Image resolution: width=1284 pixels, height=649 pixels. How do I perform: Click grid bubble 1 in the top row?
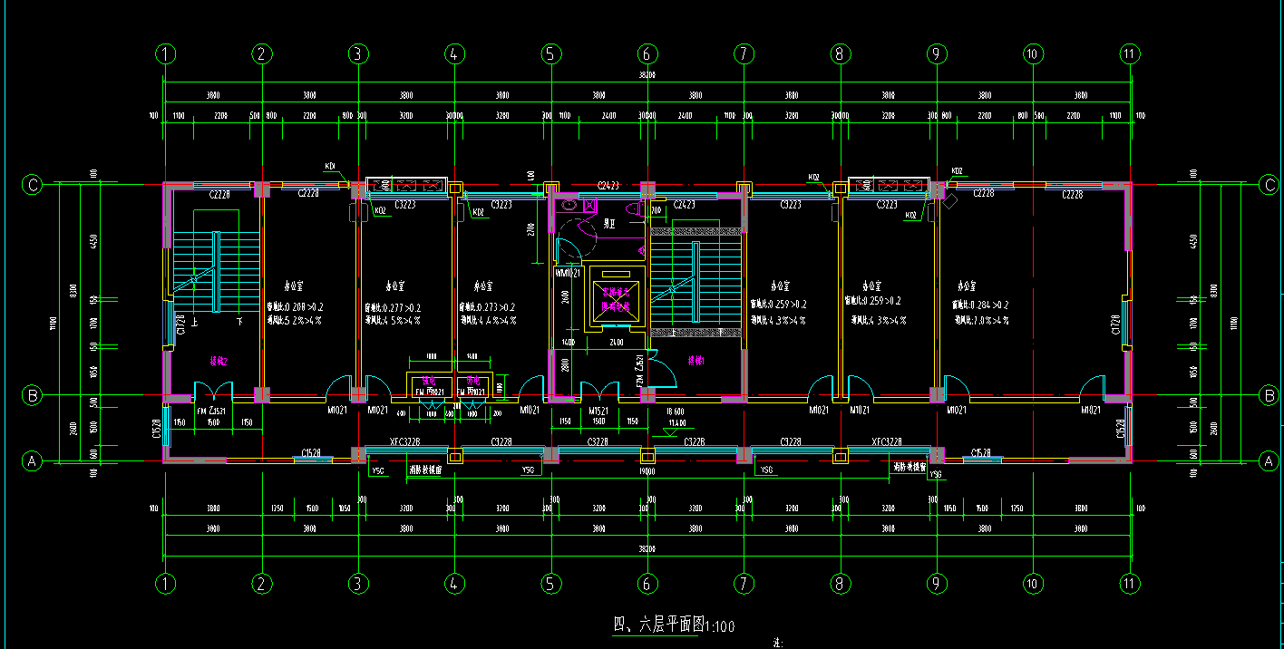pyautogui.click(x=164, y=54)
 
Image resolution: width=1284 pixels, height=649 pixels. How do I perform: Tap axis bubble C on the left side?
pyautogui.click(x=33, y=186)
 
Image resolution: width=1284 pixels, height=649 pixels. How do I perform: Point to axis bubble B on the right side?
pyautogui.click(x=1269, y=395)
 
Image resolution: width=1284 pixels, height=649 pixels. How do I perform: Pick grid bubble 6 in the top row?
pyautogui.click(x=647, y=54)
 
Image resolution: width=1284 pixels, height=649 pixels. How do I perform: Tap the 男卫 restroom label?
pyautogui.click(x=611, y=222)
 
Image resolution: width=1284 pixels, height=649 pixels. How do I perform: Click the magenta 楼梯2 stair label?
pyautogui.click(x=219, y=361)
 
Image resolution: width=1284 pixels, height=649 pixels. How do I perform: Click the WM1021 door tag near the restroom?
pyautogui.click(x=568, y=273)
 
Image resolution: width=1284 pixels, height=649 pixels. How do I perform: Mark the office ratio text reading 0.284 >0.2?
pyautogui.click(x=980, y=305)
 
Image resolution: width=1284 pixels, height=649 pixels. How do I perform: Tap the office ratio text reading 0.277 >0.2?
pyautogui.click(x=392, y=307)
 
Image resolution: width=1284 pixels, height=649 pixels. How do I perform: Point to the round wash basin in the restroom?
pyautogui.click(x=569, y=206)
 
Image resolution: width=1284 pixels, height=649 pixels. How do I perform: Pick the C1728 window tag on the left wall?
pyautogui.click(x=181, y=324)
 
